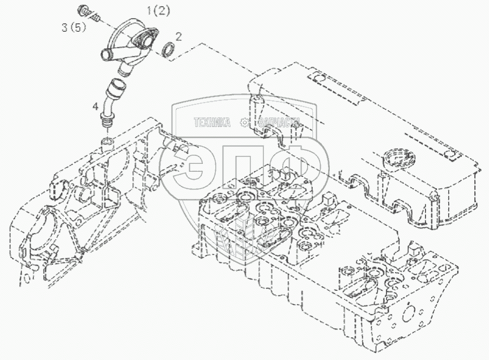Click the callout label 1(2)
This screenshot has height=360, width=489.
(x=159, y=11)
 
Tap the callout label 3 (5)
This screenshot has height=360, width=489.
(x=74, y=28)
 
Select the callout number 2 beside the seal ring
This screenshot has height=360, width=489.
(x=178, y=37)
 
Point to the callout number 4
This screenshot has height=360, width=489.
(x=95, y=107)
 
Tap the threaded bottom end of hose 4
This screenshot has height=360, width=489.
(x=106, y=121)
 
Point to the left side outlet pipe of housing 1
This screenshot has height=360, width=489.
(x=108, y=55)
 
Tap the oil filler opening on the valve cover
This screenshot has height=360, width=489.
(x=396, y=157)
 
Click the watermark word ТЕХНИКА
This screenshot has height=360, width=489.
(x=212, y=122)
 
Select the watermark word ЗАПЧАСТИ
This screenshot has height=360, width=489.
(x=279, y=122)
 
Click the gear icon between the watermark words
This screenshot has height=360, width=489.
(x=245, y=122)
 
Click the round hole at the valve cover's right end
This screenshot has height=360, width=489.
(x=450, y=154)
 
